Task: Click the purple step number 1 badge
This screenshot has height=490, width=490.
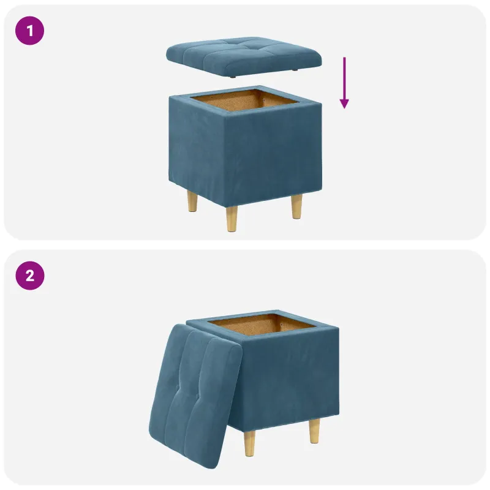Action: [x=29, y=31]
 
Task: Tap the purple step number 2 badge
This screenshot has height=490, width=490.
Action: [x=30, y=276]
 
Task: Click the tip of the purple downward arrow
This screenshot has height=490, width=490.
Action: [x=344, y=108]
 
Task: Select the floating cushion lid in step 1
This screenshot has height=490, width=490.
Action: [x=244, y=57]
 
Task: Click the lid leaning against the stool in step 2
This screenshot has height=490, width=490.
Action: [x=195, y=396]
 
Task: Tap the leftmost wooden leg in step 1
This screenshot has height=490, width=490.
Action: [x=192, y=202]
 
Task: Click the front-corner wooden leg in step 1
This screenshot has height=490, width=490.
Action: [x=232, y=218]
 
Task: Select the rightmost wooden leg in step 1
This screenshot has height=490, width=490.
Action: [x=296, y=206]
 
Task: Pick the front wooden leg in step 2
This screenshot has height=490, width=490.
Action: [x=250, y=443]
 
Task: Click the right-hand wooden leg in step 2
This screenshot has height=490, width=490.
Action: [x=314, y=431]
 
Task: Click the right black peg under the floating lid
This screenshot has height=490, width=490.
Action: [x=295, y=70]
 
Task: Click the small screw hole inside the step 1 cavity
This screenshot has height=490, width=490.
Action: [x=265, y=100]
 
